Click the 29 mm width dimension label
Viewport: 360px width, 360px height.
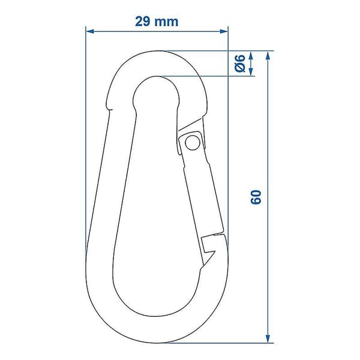coord(157,22)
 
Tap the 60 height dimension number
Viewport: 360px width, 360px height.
coord(256,197)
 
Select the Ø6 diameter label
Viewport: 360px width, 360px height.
coord(241,64)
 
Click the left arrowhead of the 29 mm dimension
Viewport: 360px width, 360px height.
coord(90,31)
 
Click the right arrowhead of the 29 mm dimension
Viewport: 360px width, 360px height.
coord(224,31)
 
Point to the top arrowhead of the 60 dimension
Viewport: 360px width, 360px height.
coord(268,55)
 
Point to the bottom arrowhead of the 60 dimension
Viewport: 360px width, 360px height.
coord(268,339)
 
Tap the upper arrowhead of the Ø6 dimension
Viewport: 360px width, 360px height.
coord(251,55)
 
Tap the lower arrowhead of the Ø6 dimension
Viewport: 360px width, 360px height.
coord(251,71)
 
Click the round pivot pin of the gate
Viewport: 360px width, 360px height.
coord(193,143)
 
